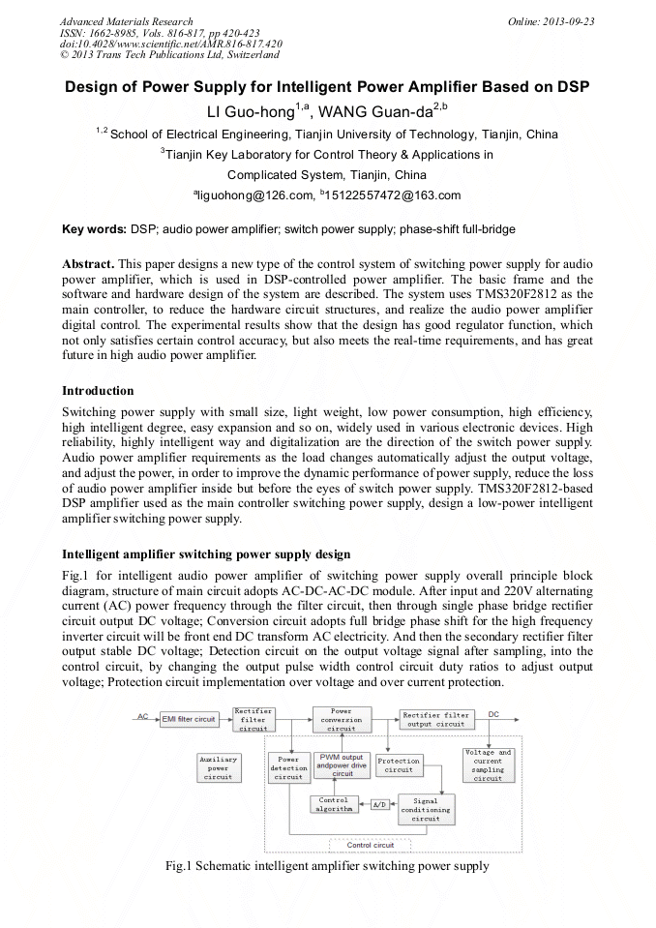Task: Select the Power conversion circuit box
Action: [x=341, y=720]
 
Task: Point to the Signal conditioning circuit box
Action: [x=426, y=809]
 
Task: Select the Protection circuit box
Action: [x=399, y=765]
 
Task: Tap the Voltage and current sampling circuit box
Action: [x=488, y=764]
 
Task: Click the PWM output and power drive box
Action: [x=343, y=764]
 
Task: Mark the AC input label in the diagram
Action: [x=142, y=717]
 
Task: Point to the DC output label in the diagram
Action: [x=493, y=714]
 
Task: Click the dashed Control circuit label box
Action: [x=370, y=845]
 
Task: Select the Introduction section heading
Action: [x=98, y=391]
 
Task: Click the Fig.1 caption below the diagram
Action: [x=327, y=865]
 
